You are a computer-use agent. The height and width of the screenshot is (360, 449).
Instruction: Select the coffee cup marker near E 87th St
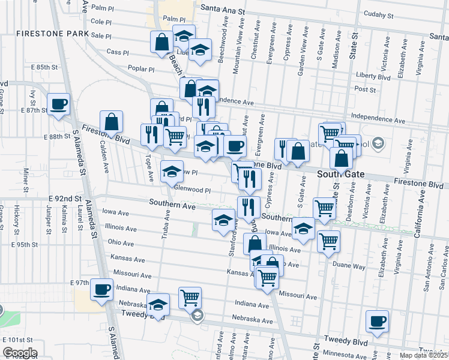(59, 104)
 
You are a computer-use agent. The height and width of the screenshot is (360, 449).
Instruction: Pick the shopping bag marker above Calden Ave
(112, 121)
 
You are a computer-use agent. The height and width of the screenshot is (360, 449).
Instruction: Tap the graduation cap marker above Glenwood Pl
(172, 171)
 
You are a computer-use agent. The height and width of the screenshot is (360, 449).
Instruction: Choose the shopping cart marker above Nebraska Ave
(190, 297)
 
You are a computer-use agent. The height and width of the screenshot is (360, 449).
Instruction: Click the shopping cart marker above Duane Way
(328, 241)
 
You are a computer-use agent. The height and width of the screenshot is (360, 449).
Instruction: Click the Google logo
(19, 353)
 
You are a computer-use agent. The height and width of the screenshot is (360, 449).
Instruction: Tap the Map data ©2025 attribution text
(423, 356)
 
